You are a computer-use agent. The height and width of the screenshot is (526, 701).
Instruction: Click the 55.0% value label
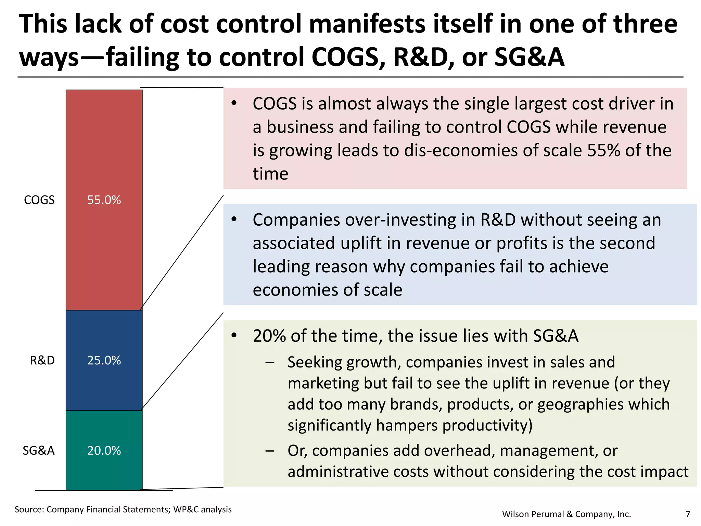(x=104, y=200)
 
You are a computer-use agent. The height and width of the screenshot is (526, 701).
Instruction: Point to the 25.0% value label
(x=104, y=360)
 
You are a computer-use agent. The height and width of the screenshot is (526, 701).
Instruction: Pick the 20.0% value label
(x=104, y=451)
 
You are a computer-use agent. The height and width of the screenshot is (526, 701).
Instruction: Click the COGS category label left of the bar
(x=39, y=200)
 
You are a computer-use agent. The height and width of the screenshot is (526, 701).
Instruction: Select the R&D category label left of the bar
(x=42, y=360)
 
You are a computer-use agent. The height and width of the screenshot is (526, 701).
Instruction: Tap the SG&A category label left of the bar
(x=39, y=451)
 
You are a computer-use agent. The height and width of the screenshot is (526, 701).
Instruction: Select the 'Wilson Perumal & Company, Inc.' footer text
(x=566, y=514)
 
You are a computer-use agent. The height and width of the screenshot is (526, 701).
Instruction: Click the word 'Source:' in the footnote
(x=29, y=510)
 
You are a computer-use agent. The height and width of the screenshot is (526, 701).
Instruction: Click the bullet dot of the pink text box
(x=234, y=103)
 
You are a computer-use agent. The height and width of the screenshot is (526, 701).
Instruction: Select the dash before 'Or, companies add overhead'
(x=270, y=451)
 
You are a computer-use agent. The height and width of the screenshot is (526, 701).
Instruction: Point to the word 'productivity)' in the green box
(x=487, y=425)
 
